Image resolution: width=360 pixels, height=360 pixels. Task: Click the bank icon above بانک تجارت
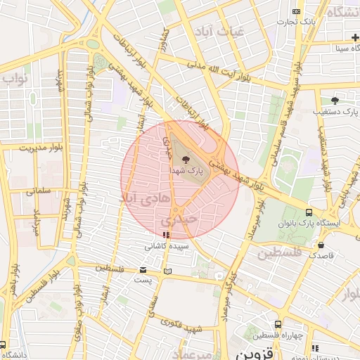(x=297, y=11)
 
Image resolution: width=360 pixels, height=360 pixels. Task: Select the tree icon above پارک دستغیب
(x=335, y=101)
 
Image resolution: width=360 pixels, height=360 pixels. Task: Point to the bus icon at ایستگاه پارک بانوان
(x=309, y=212)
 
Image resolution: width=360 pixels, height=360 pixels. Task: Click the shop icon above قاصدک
(x=321, y=245)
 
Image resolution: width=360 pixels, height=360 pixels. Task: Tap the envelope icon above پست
(x=143, y=270)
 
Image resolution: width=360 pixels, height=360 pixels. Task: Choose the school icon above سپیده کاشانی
(x=166, y=236)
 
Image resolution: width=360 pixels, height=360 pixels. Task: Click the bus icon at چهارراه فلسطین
(x=278, y=325)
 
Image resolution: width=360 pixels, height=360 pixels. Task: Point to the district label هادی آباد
(x=147, y=199)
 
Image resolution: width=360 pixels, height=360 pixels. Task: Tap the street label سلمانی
(x=39, y=191)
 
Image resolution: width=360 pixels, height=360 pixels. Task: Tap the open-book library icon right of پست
(x=167, y=271)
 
